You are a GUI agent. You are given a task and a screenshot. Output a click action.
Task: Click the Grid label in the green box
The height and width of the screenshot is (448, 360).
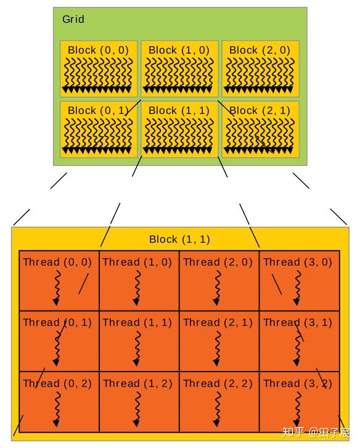(x=73, y=19)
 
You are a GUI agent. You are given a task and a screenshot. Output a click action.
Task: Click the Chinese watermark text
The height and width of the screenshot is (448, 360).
(x=316, y=432)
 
